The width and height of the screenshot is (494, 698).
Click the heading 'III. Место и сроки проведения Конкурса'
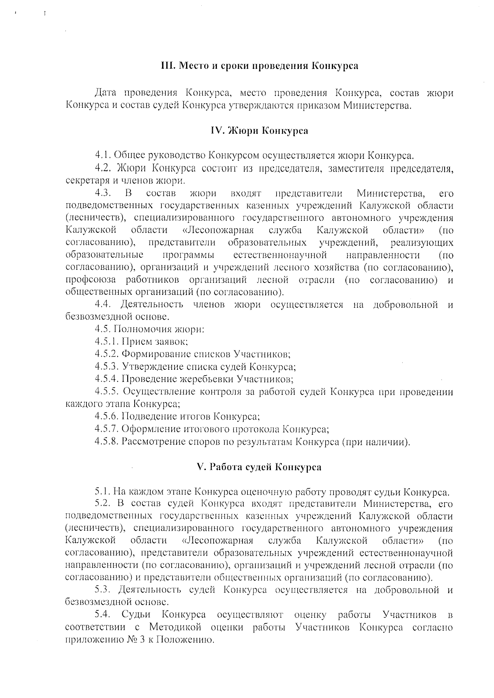coord(259,66)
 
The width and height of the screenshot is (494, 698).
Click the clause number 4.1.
coord(103,155)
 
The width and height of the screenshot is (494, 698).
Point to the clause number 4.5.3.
coord(107,366)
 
